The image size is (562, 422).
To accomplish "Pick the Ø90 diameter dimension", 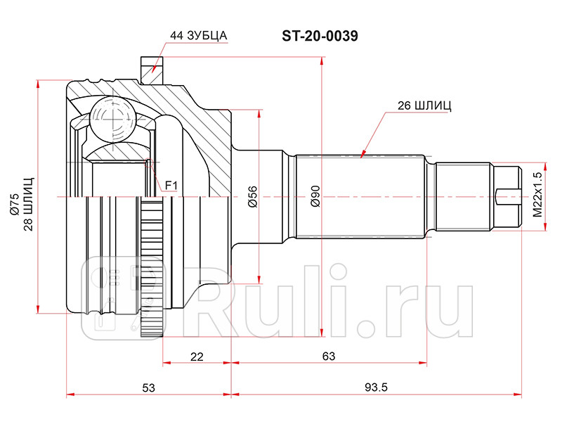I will (x=315, y=196).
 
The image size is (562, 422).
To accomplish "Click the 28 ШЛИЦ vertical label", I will (x=28, y=198).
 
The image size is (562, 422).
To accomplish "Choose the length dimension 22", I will (x=197, y=357).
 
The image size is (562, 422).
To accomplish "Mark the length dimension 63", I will (x=328, y=357).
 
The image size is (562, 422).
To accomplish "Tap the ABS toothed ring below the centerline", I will (x=150, y=267).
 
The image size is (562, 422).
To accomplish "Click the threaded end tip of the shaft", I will (x=509, y=196).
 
